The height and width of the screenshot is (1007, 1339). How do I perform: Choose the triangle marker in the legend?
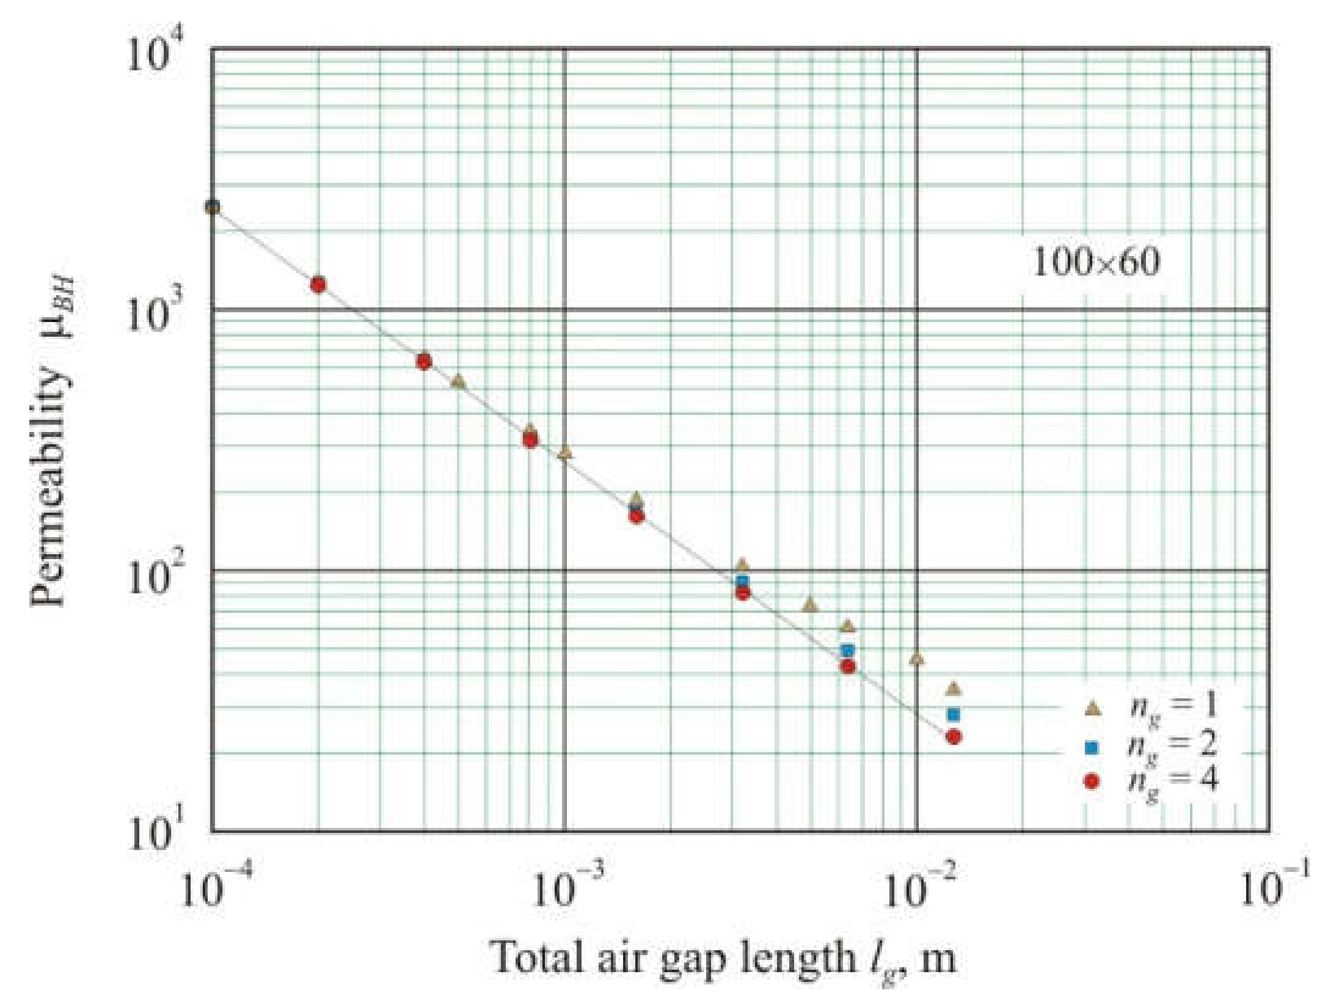pyautogui.click(x=1092, y=709)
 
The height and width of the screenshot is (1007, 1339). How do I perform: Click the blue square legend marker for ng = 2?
pyautogui.click(x=1092, y=747)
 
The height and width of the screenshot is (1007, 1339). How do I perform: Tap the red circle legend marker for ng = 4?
pyautogui.click(x=1092, y=782)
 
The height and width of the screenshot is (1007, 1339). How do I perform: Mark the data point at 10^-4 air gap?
pyautogui.click(x=213, y=207)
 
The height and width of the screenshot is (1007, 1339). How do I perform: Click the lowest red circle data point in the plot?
pyautogui.click(x=954, y=738)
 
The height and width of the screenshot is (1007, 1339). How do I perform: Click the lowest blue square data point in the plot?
pyautogui.click(x=954, y=714)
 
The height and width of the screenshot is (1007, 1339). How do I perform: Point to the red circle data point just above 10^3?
pyautogui.click(x=318, y=285)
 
